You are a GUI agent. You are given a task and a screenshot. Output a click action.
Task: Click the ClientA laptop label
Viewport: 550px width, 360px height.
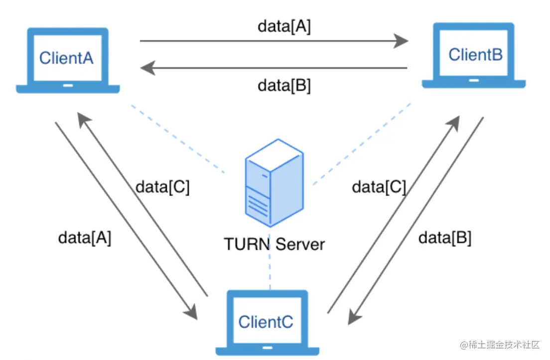coord(66,58)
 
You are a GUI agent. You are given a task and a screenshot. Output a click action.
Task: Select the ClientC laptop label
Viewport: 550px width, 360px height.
coord(266,322)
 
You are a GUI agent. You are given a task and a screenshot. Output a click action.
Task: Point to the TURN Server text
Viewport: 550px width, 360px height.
coord(275,244)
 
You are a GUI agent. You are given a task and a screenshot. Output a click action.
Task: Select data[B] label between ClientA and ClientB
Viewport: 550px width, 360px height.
coord(284,86)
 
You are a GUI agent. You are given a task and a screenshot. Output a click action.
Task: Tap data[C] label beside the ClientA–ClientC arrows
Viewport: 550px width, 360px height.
coord(162,187)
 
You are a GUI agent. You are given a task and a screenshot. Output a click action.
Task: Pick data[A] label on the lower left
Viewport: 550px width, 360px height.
coord(85,238)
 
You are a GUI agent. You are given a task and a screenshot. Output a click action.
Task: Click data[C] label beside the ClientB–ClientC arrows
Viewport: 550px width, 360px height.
coord(379,187)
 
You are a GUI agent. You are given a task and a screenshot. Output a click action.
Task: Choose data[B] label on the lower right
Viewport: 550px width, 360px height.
coord(445,238)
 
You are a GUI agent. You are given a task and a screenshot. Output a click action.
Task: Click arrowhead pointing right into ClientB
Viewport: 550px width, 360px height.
coord(401,41)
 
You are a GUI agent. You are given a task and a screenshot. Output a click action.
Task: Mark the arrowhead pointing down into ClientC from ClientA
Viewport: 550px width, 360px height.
coord(191,311)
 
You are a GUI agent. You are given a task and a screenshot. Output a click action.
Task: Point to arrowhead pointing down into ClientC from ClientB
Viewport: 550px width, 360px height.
coord(355,317)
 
